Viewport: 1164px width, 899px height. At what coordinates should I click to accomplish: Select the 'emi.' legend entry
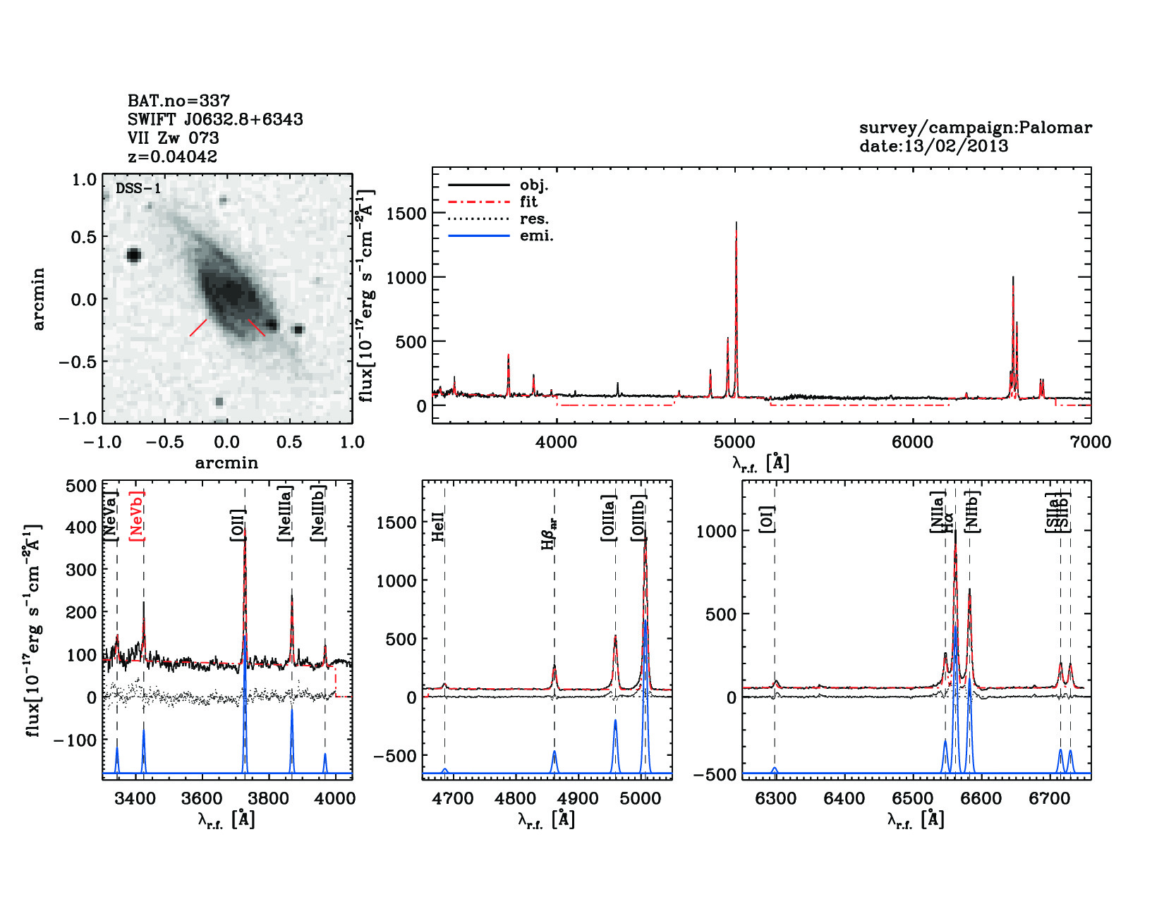(x=537, y=236)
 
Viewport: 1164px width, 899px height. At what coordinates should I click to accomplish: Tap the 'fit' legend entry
(x=528, y=202)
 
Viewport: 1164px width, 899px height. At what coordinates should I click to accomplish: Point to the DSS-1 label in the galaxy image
(x=138, y=188)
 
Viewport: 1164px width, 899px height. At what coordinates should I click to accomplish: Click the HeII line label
(x=438, y=527)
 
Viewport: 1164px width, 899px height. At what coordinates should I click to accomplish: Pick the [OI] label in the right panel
(x=767, y=519)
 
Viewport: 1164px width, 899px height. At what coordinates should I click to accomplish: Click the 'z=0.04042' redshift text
(x=173, y=157)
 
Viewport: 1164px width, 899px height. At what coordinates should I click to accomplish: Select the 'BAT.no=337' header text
(x=178, y=101)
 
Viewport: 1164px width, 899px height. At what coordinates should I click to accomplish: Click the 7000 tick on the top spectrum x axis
(x=1091, y=442)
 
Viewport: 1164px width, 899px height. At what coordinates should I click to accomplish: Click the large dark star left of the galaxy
(x=133, y=255)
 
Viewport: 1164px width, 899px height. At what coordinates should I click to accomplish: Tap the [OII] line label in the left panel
(x=237, y=525)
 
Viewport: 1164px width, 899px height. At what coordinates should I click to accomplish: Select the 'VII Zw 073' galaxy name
(x=174, y=138)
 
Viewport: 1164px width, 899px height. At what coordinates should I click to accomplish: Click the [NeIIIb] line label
(x=319, y=513)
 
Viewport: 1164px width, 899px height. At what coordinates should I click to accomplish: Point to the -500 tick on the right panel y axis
(x=715, y=774)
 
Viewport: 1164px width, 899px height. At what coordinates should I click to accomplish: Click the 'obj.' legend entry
(x=534, y=185)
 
